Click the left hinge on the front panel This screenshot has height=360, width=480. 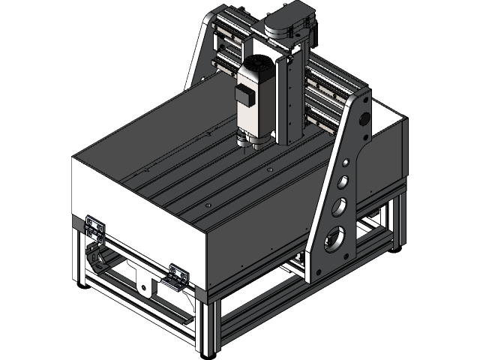pyautogui.click(x=94, y=225)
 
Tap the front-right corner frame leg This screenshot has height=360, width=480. pyautogui.click(x=205, y=322)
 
